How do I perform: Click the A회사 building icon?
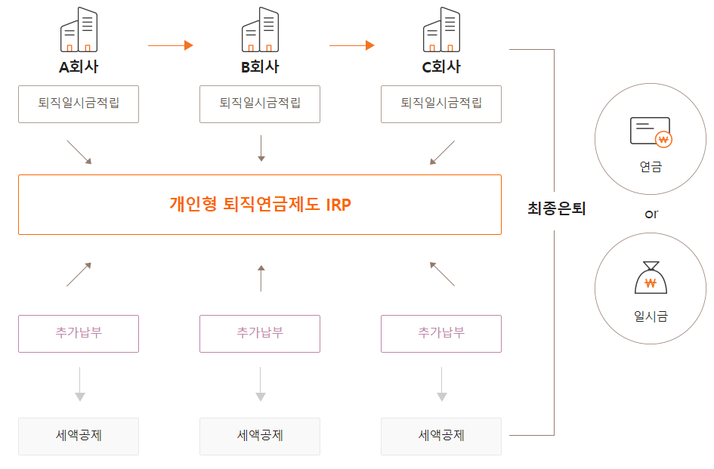[79, 30]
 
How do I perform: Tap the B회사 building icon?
[260, 30]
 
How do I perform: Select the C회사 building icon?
[441, 30]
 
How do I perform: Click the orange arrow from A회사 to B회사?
[171, 45]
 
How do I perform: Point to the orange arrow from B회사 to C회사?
[352, 45]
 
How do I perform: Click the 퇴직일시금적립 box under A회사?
[79, 103]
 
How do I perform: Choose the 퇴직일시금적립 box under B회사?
[260, 103]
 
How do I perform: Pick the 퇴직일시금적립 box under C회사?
[441, 103]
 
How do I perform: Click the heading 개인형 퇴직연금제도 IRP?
[260, 204]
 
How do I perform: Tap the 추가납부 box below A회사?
[79, 333]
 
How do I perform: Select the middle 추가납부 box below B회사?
[260, 333]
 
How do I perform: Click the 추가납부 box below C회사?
[441, 333]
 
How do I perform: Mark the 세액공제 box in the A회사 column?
[79, 436]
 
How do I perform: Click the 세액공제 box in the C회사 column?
[441, 436]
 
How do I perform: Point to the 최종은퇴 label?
[556, 209]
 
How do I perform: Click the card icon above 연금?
[651, 132]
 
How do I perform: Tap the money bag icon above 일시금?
[651, 279]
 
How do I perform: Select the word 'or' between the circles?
[651, 214]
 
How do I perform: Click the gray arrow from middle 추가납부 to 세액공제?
[261, 384]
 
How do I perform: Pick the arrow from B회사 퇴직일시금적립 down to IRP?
[261, 148]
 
